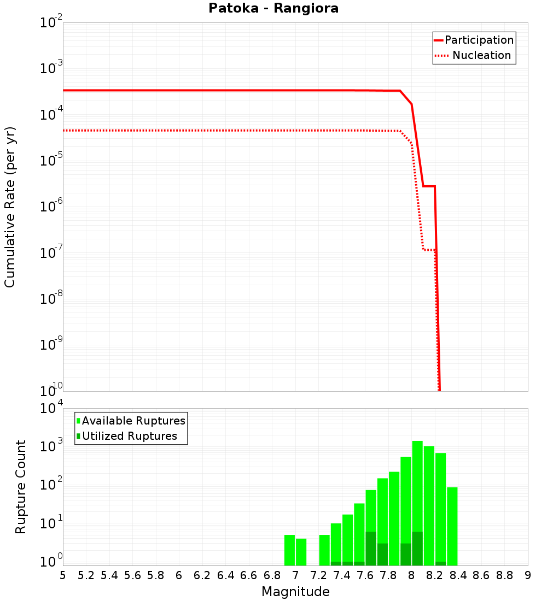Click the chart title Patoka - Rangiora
(x=273, y=9)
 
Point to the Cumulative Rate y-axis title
(x=10, y=207)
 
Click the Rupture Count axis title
(x=21, y=486)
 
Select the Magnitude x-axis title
(x=295, y=592)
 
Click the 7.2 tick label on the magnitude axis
(x=318, y=575)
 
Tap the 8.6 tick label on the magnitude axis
(x=481, y=575)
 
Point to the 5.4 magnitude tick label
(x=109, y=575)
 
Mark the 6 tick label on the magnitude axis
(x=179, y=575)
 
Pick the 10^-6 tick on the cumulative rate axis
(x=51, y=207)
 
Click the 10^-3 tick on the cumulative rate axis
(x=51, y=68)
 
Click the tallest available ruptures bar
(x=417, y=503)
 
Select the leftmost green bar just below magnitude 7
(x=289, y=550)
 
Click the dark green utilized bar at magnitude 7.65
(x=371, y=549)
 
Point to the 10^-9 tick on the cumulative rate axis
(x=51, y=345)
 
